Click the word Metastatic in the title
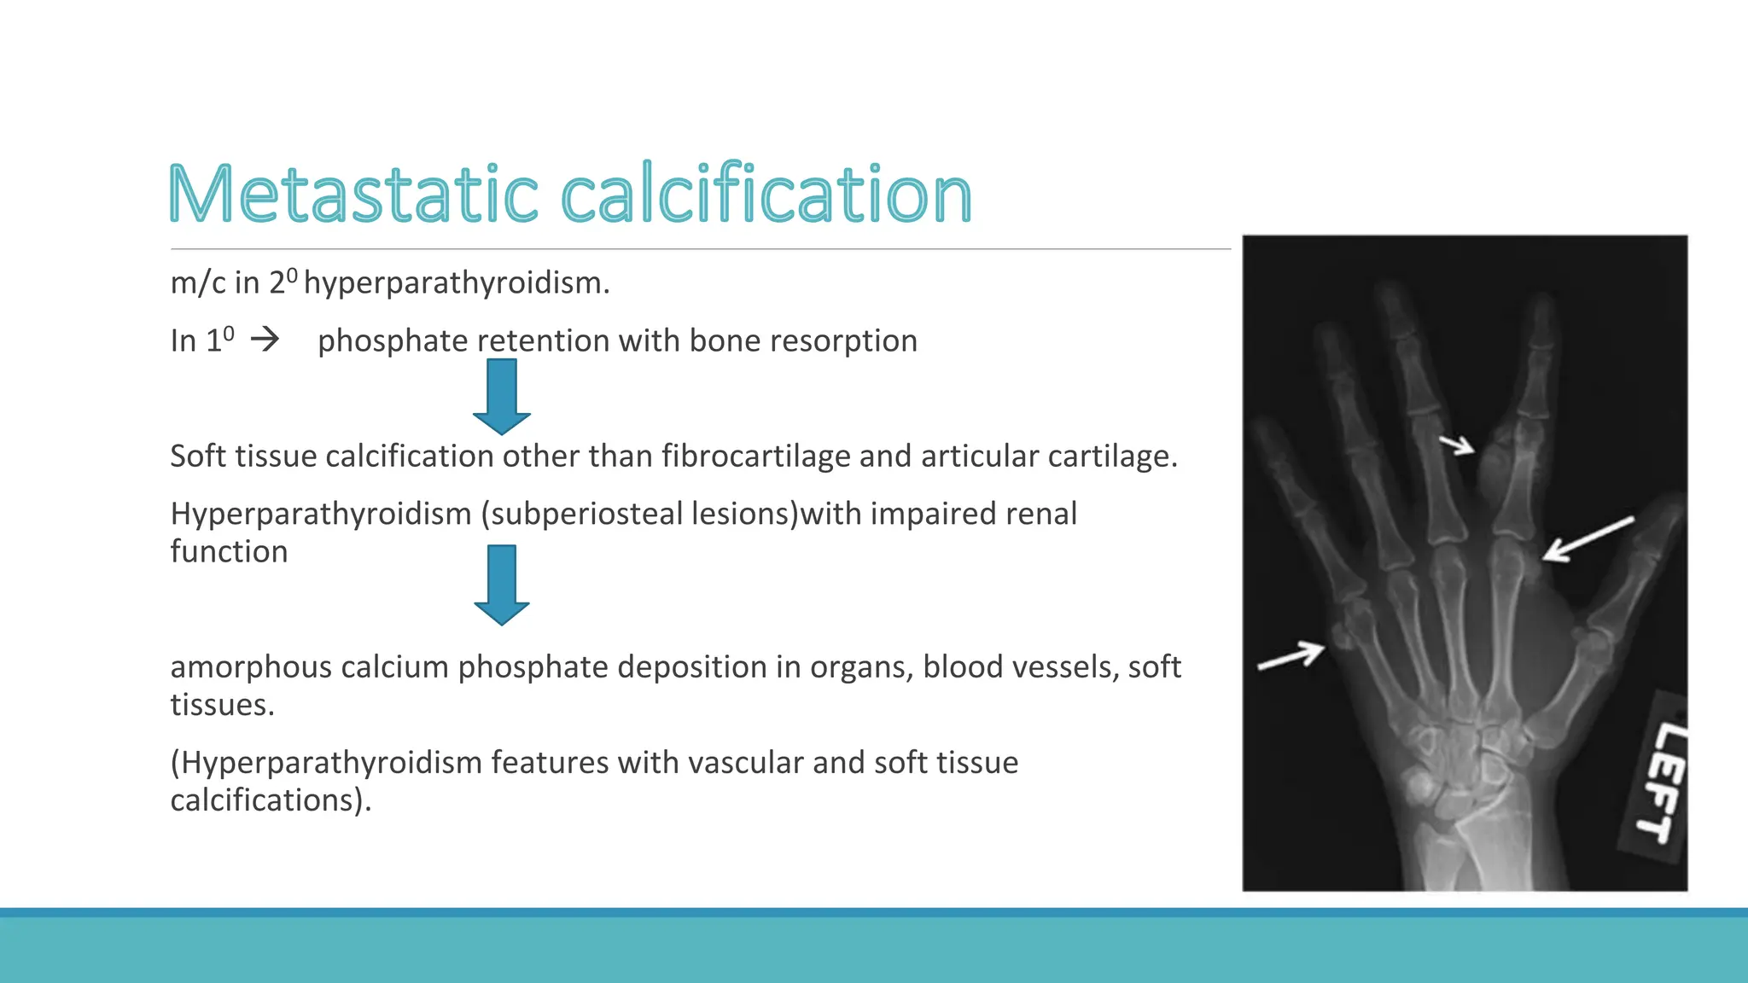click(x=353, y=195)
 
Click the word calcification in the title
click(x=766, y=195)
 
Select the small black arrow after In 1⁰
click(x=265, y=340)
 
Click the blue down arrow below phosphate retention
click(x=502, y=396)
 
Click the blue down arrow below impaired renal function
click(x=502, y=585)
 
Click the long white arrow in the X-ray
click(x=1588, y=539)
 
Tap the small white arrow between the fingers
click(x=1457, y=445)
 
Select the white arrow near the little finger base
click(x=1291, y=656)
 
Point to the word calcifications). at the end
click(x=271, y=800)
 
